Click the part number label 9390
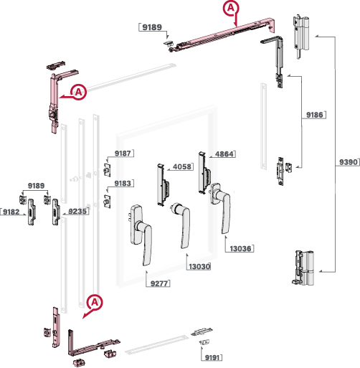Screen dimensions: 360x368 349,162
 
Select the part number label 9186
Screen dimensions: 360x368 315,115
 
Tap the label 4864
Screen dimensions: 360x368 224,154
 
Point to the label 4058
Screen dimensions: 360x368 182,166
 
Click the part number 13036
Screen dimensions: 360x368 240,249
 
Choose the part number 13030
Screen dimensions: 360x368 199,266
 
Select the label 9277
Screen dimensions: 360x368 159,283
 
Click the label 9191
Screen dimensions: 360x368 212,358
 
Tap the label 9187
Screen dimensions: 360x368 123,154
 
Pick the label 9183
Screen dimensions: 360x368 123,184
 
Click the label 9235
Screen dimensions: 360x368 77,212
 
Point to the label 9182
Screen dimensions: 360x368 11,212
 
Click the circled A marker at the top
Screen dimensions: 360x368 231,8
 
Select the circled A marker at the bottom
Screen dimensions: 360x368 95,303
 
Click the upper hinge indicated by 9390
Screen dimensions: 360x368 300,36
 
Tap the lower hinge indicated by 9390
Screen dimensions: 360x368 303,268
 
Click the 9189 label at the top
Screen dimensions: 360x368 152,27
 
